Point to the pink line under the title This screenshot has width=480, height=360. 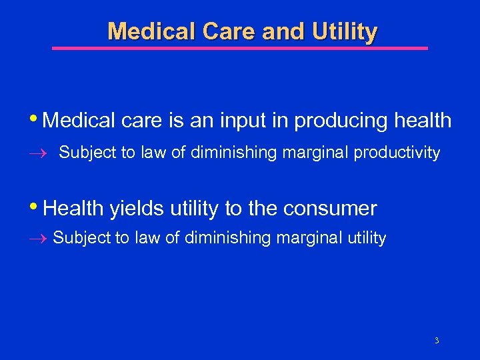pos(240,48)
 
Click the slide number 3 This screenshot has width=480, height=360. pos(437,341)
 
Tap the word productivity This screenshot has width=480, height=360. pos(397,153)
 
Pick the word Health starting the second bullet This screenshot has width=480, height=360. pos(69,209)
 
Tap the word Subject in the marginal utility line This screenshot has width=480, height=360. pos(75,238)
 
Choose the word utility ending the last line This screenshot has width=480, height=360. pos(363,238)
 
